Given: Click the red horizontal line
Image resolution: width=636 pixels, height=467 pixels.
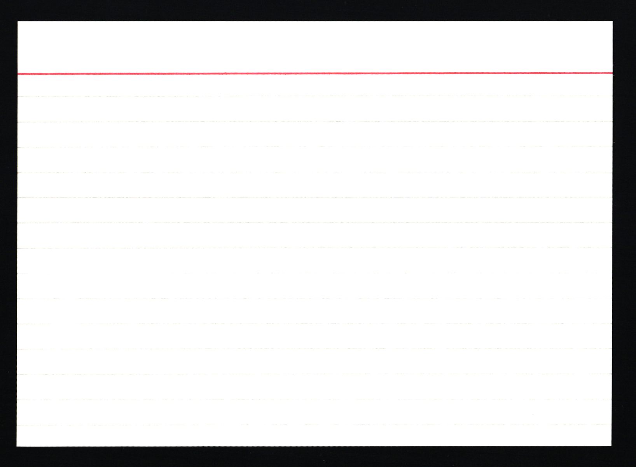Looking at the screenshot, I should click(315, 73).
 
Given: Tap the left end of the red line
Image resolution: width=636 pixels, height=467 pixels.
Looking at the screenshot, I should click(19, 73).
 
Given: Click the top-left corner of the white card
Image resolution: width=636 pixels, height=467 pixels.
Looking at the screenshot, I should click(18, 22).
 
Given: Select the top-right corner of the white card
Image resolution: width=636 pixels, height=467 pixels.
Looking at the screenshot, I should click(612, 22).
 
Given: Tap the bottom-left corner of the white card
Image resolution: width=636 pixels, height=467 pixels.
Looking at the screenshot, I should click(17, 446).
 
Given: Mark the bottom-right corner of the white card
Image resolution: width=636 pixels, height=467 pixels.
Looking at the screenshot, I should click(611, 446).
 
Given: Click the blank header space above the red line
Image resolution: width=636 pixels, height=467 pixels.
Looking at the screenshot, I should click(315, 47).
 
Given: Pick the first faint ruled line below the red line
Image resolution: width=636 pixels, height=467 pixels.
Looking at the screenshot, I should click(315, 96).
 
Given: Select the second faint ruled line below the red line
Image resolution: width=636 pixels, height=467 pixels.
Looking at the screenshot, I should click(315, 122).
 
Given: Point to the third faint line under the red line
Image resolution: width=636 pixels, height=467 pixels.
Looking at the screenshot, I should click(315, 147).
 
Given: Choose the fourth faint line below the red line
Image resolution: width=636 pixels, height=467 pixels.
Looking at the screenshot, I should click(315, 172).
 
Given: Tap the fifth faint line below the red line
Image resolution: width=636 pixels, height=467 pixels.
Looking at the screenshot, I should click(315, 197).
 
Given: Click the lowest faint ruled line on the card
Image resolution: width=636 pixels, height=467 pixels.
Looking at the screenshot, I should click(315, 425).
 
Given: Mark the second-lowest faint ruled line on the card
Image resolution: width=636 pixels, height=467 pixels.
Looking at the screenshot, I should click(315, 399).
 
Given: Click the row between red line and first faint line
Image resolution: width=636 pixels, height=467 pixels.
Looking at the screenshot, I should click(315, 85).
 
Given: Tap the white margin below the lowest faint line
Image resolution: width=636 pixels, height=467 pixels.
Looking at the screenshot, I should click(315, 436).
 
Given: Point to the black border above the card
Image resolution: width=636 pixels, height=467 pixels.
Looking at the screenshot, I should click(315, 10).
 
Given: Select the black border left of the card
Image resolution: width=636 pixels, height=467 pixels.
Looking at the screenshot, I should click(8, 233).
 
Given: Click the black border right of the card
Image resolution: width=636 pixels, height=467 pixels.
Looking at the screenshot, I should click(624, 233).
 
